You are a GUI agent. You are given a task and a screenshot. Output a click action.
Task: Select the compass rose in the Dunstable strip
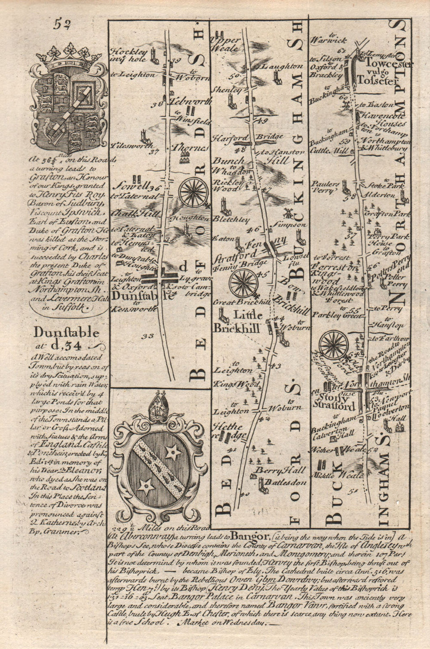tap(193, 192)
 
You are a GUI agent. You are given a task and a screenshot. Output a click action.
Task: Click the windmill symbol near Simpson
tap(287, 213)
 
